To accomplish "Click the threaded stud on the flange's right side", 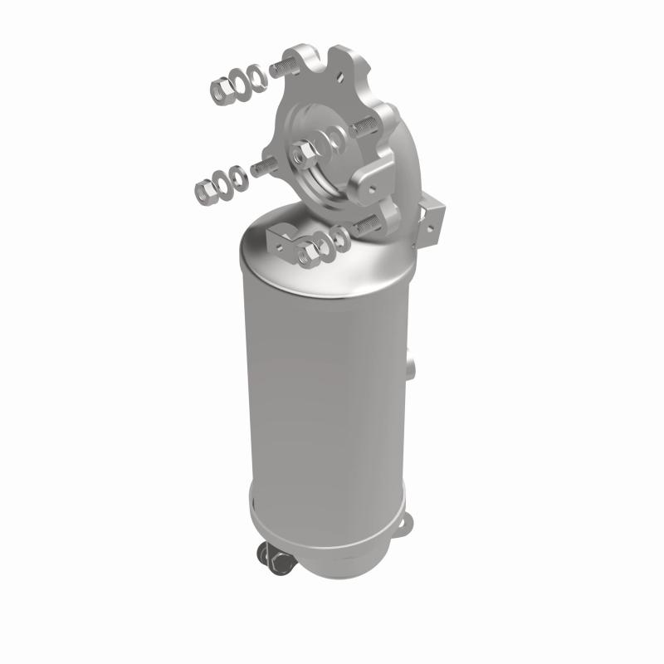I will pos(363,127).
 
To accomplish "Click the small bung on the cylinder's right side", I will pos(413,364).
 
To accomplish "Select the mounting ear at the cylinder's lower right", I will pos(407,524).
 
